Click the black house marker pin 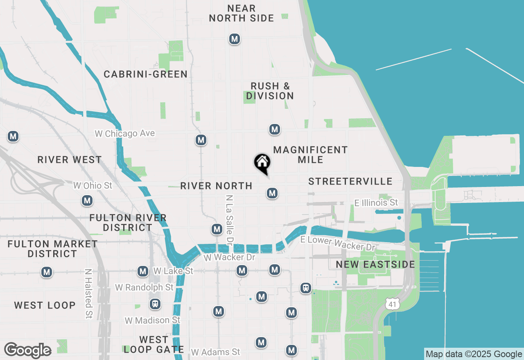tap(262, 163)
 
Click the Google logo tap(27, 351)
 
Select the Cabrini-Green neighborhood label tap(145, 74)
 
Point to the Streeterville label tap(350, 181)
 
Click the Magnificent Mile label tap(310, 155)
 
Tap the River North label tap(216, 186)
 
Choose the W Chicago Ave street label tap(125, 133)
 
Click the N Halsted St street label tap(88, 293)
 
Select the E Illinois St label tap(376, 202)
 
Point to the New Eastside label tap(375, 264)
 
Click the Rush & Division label tap(270, 91)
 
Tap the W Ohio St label tap(93, 185)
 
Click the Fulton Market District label tap(52, 249)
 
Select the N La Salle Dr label tap(229, 218)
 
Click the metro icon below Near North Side tap(235, 39)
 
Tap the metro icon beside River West tap(13, 136)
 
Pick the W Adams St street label tap(215, 352)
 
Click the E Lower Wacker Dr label tap(338, 243)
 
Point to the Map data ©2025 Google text tap(474, 354)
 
